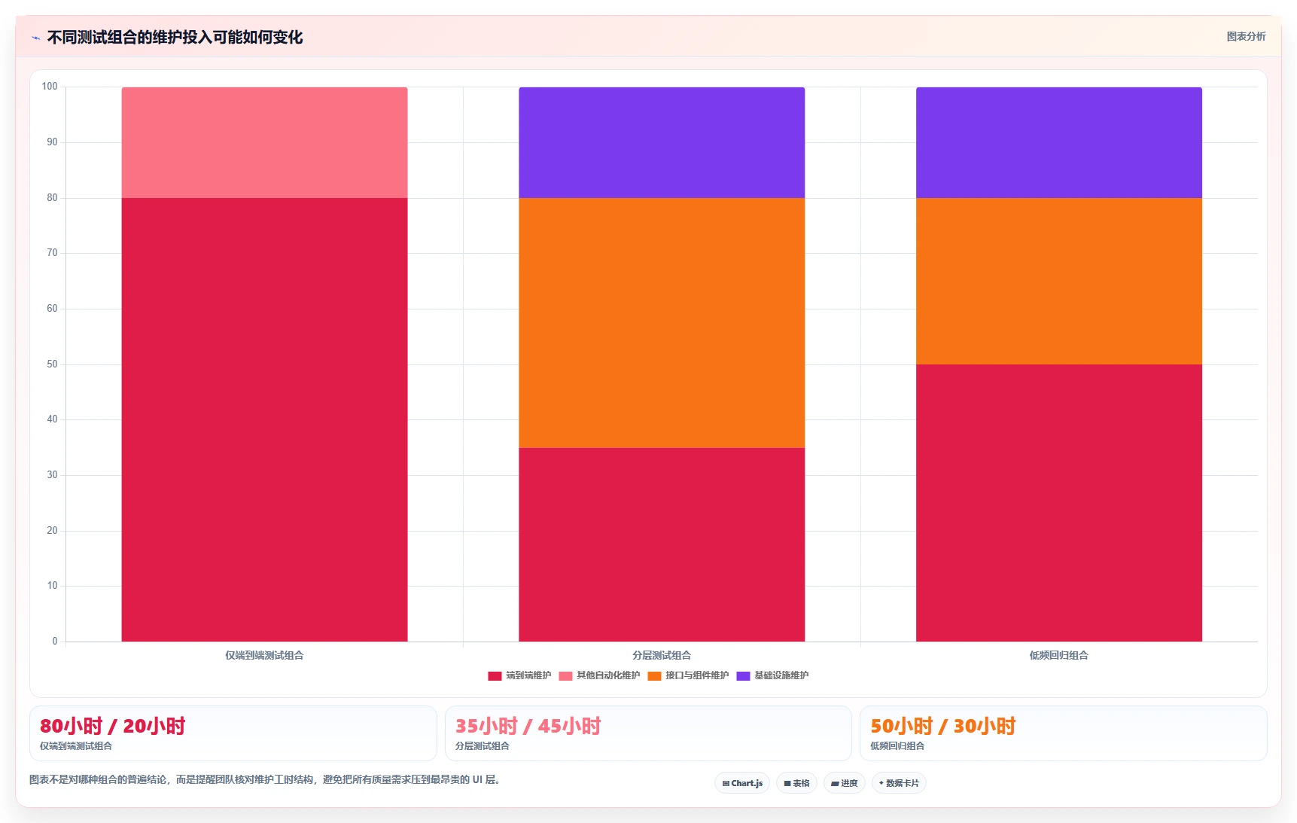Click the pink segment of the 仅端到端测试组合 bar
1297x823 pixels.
click(x=264, y=142)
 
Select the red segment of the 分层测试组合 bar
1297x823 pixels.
click(x=662, y=544)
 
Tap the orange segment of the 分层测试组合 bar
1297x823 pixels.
click(x=662, y=323)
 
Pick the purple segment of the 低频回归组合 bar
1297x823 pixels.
click(x=1058, y=142)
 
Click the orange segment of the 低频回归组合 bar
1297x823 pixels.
click(x=1058, y=281)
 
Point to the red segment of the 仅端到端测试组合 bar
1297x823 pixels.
click(x=264, y=419)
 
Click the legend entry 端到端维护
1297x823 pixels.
click(x=519, y=675)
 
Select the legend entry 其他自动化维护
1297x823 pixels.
click(x=599, y=675)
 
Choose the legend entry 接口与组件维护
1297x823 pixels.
click(x=688, y=675)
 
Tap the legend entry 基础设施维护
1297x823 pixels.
click(x=772, y=675)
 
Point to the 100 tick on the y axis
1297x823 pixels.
click(x=50, y=87)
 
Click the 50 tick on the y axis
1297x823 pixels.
click(x=52, y=364)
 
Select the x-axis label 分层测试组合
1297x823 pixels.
click(x=662, y=655)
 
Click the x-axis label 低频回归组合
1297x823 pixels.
click(x=1058, y=655)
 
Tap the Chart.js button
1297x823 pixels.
click(x=742, y=783)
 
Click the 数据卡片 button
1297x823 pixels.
click(x=899, y=783)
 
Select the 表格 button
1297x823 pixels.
click(x=796, y=783)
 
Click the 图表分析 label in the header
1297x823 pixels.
click(x=1246, y=36)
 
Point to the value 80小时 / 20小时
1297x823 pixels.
click(x=112, y=726)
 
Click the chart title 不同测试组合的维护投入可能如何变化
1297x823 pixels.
click(x=175, y=37)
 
